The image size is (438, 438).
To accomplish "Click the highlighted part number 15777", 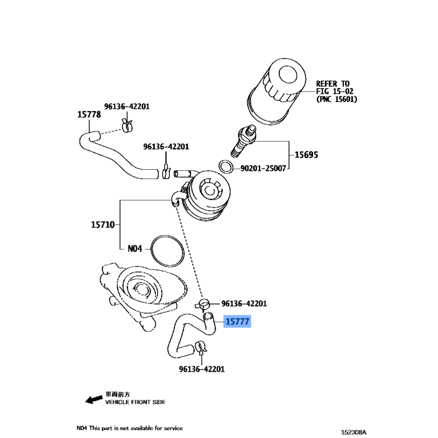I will [x=237, y=324].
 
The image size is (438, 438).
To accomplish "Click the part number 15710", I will [x=102, y=224].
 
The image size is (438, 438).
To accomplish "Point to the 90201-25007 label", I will [x=263, y=169].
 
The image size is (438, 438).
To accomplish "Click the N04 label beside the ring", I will [x=135, y=249].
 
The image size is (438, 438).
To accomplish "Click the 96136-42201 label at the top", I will [x=126, y=106].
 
